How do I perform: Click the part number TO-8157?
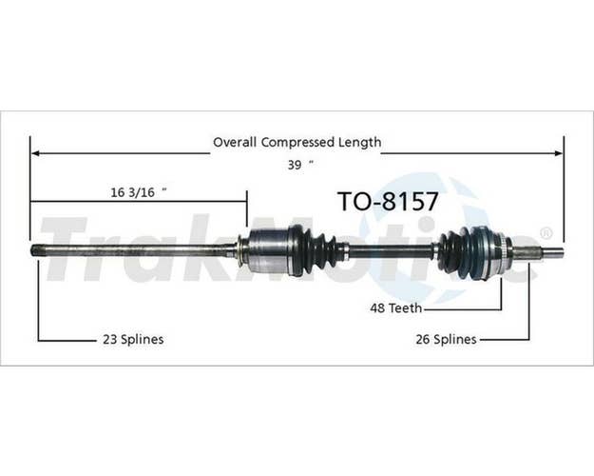coord(389,201)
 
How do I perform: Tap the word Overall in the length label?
coord(235,143)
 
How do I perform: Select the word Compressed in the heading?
coord(297,143)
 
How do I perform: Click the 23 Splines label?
coord(133,339)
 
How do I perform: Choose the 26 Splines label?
coord(447,339)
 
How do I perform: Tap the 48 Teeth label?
coord(396,307)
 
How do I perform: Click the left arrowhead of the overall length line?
coord(35,153)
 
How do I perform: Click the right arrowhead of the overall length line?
coord(559,153)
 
